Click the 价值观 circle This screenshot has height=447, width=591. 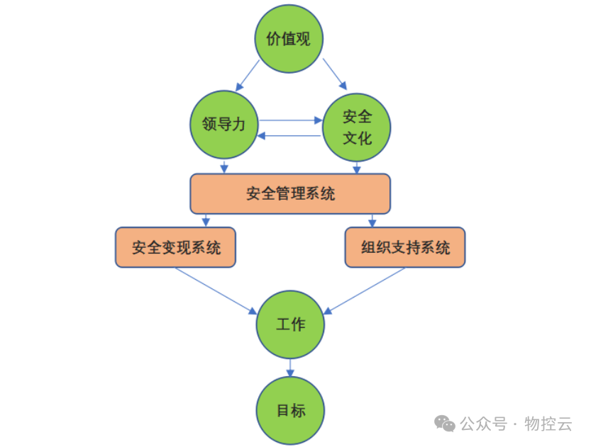[x=289, y=39]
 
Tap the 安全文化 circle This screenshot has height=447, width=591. [x=357, y=127]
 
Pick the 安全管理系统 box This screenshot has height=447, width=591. [x=290, y=193]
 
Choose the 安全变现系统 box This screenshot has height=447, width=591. [x=176, y=247]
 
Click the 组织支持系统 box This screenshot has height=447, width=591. [x=405, y=247]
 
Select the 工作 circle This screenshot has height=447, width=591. [x=290, y=324]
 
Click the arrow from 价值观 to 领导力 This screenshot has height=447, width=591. [x=248, y=74]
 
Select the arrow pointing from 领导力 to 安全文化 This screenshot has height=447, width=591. [x=291, y=120]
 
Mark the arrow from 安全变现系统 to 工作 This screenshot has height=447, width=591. [x=216, y=290]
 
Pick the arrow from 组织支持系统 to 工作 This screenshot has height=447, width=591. [x=365, y=290]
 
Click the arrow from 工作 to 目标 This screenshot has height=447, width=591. [x=290, y=367]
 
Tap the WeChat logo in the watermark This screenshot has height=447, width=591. [x=446, y=424]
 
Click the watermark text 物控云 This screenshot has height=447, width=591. [x=548, y=424]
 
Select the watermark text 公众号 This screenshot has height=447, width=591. [x=483, y=424]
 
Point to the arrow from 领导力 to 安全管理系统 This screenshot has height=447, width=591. [x=224, y=166]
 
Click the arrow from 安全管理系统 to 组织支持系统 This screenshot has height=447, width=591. [x=372, y=220]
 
